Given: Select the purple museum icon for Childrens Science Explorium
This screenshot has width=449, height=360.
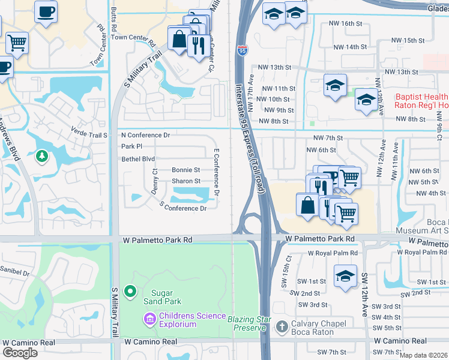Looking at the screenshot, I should coord(149,317).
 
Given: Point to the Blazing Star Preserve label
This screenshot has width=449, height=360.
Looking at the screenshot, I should coord(250,323).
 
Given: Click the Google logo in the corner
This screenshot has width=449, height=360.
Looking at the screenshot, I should coord(20,352).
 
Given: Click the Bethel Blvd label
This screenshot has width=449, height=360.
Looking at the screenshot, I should coord(138,159).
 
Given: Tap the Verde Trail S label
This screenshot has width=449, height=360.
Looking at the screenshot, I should coord(88,135).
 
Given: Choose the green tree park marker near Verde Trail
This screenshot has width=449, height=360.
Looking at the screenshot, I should coord(42,157).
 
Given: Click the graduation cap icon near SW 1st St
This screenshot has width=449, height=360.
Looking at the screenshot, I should coord(345,277).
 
